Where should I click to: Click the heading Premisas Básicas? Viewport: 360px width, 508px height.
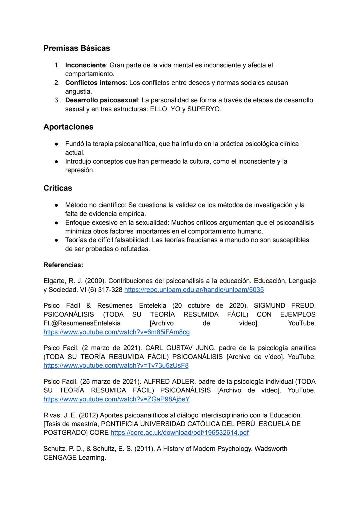tap(77, 48)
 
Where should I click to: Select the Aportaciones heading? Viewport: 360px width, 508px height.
tap(68, 127)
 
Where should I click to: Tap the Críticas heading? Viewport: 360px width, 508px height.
tap(58, 188)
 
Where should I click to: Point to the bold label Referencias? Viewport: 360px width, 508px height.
tap(63, 265)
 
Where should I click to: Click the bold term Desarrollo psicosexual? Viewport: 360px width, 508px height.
tap(101, 100)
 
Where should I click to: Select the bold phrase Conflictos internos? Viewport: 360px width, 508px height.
tap(95, 83)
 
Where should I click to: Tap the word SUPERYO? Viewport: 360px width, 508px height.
tap(204, 109)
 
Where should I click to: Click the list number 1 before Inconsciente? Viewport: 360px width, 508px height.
tap(57, 65)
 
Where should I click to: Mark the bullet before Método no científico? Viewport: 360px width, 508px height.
tap(57, 205)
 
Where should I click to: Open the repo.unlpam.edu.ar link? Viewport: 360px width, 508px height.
tap(194, 290)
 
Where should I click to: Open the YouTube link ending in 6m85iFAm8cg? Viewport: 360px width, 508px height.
tap(116, 332)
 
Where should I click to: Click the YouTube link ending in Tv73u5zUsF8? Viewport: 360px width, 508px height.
tap(116, 365)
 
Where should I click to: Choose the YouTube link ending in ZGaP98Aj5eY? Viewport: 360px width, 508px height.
tap(116, 399)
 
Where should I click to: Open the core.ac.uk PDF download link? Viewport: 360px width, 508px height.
tap(179, 433)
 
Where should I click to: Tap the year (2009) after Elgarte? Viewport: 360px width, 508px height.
tap(96, 281)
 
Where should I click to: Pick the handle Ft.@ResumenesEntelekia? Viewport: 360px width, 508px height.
tap(82, 323)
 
